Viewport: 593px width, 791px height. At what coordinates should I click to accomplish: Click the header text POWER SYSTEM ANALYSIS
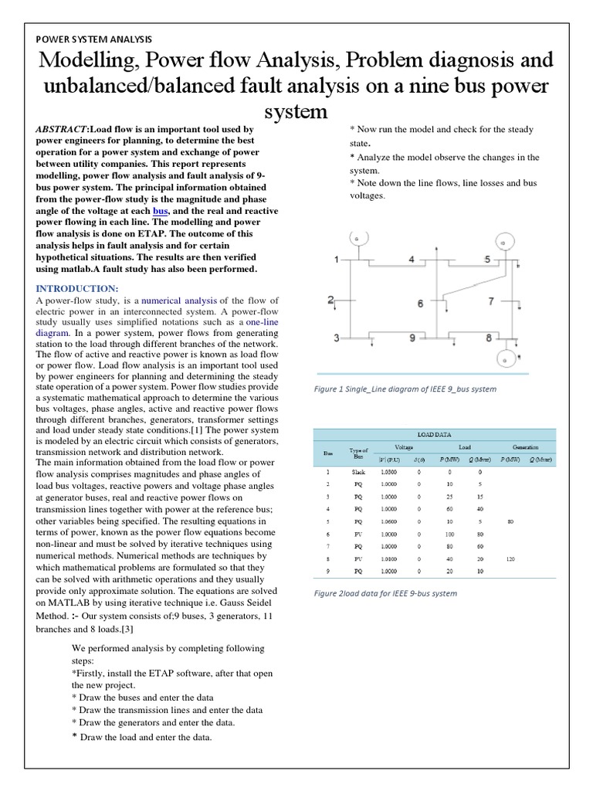(x=93, y=39)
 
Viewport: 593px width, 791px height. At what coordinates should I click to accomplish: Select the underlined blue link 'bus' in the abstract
(x=160, y=210)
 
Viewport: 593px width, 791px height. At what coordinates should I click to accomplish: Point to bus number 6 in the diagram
(x=421, y=304)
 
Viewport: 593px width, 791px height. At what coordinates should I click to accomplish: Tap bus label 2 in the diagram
(x=330, y=300)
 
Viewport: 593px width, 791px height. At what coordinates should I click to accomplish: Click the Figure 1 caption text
(x=405, y=389)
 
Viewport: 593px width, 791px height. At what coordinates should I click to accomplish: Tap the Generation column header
(x=524, y=447)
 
